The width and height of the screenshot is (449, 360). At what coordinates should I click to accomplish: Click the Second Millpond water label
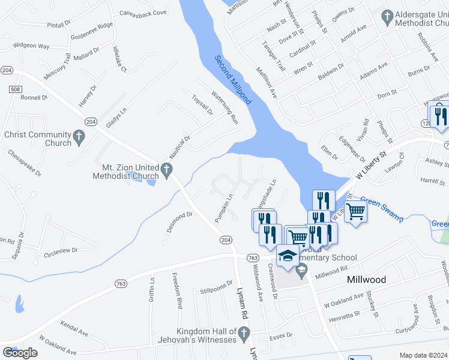tap(234, 80)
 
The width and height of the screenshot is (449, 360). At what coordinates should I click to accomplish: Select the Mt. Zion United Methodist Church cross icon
tap(168, 172)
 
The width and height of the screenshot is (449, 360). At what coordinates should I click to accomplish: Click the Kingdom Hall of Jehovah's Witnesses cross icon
tap(243, 332)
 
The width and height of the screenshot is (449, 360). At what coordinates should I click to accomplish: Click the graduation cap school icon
tap(288, 256)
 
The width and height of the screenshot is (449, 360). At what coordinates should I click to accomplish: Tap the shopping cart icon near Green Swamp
tap(356, 211)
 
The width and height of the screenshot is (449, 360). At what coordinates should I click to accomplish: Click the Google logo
tap(20, 353)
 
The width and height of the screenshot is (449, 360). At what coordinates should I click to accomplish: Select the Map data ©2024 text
tap(423, 355)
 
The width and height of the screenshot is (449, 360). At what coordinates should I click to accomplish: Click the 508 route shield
tap(16, 89)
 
